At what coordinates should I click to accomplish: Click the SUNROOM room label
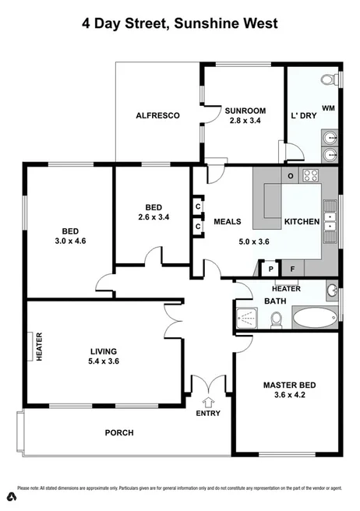tap(243, 109)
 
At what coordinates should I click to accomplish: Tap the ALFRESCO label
tap(157, 115)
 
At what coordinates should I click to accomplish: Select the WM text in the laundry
tap(328, 107)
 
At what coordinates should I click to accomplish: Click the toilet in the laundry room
tap(332, 79)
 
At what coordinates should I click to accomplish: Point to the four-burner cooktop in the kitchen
tap(312, 175)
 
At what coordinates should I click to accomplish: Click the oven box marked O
tap(291, 175)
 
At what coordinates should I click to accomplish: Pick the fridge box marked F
tap(293, 269)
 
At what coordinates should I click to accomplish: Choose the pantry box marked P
tap(270, 269)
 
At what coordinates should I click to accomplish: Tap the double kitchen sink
tap(331, 227)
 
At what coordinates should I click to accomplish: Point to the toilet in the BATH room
tap(275, 319)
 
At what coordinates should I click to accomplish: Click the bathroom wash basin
tap(332, 291)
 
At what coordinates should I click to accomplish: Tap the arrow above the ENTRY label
tap(207, 402)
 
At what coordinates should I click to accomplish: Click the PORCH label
tap(119, 432)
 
